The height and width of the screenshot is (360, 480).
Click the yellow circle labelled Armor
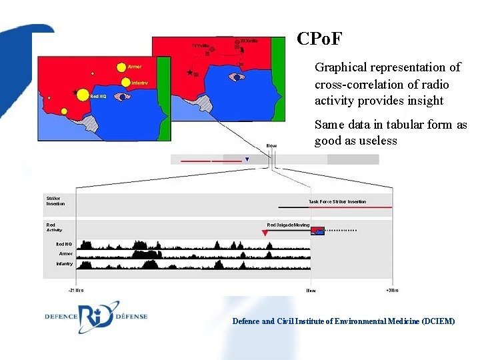click(x=121, y=67)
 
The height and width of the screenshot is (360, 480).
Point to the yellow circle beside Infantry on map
click(x=125, y=82)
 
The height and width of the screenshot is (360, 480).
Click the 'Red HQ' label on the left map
click(x=97, y=97)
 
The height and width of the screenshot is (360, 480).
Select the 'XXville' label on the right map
click(x=249, y=41)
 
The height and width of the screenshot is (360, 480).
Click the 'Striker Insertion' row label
click(x=55, y=201)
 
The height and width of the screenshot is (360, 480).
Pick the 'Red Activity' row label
click(x=54, y=227)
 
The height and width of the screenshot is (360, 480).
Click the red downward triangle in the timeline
click(x=265, y=233)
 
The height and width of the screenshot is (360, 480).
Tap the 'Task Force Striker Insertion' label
click(x=337, y=201)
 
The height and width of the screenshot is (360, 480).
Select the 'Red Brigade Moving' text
click(x=288, y=225)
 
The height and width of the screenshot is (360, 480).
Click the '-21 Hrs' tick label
click(x=75, y=291)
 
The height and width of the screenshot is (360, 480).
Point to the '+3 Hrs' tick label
click(x=393, y=291)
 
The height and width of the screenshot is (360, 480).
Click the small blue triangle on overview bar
click(x=247, y=159)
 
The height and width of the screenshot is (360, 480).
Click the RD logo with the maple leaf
click(x=98, y=316)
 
